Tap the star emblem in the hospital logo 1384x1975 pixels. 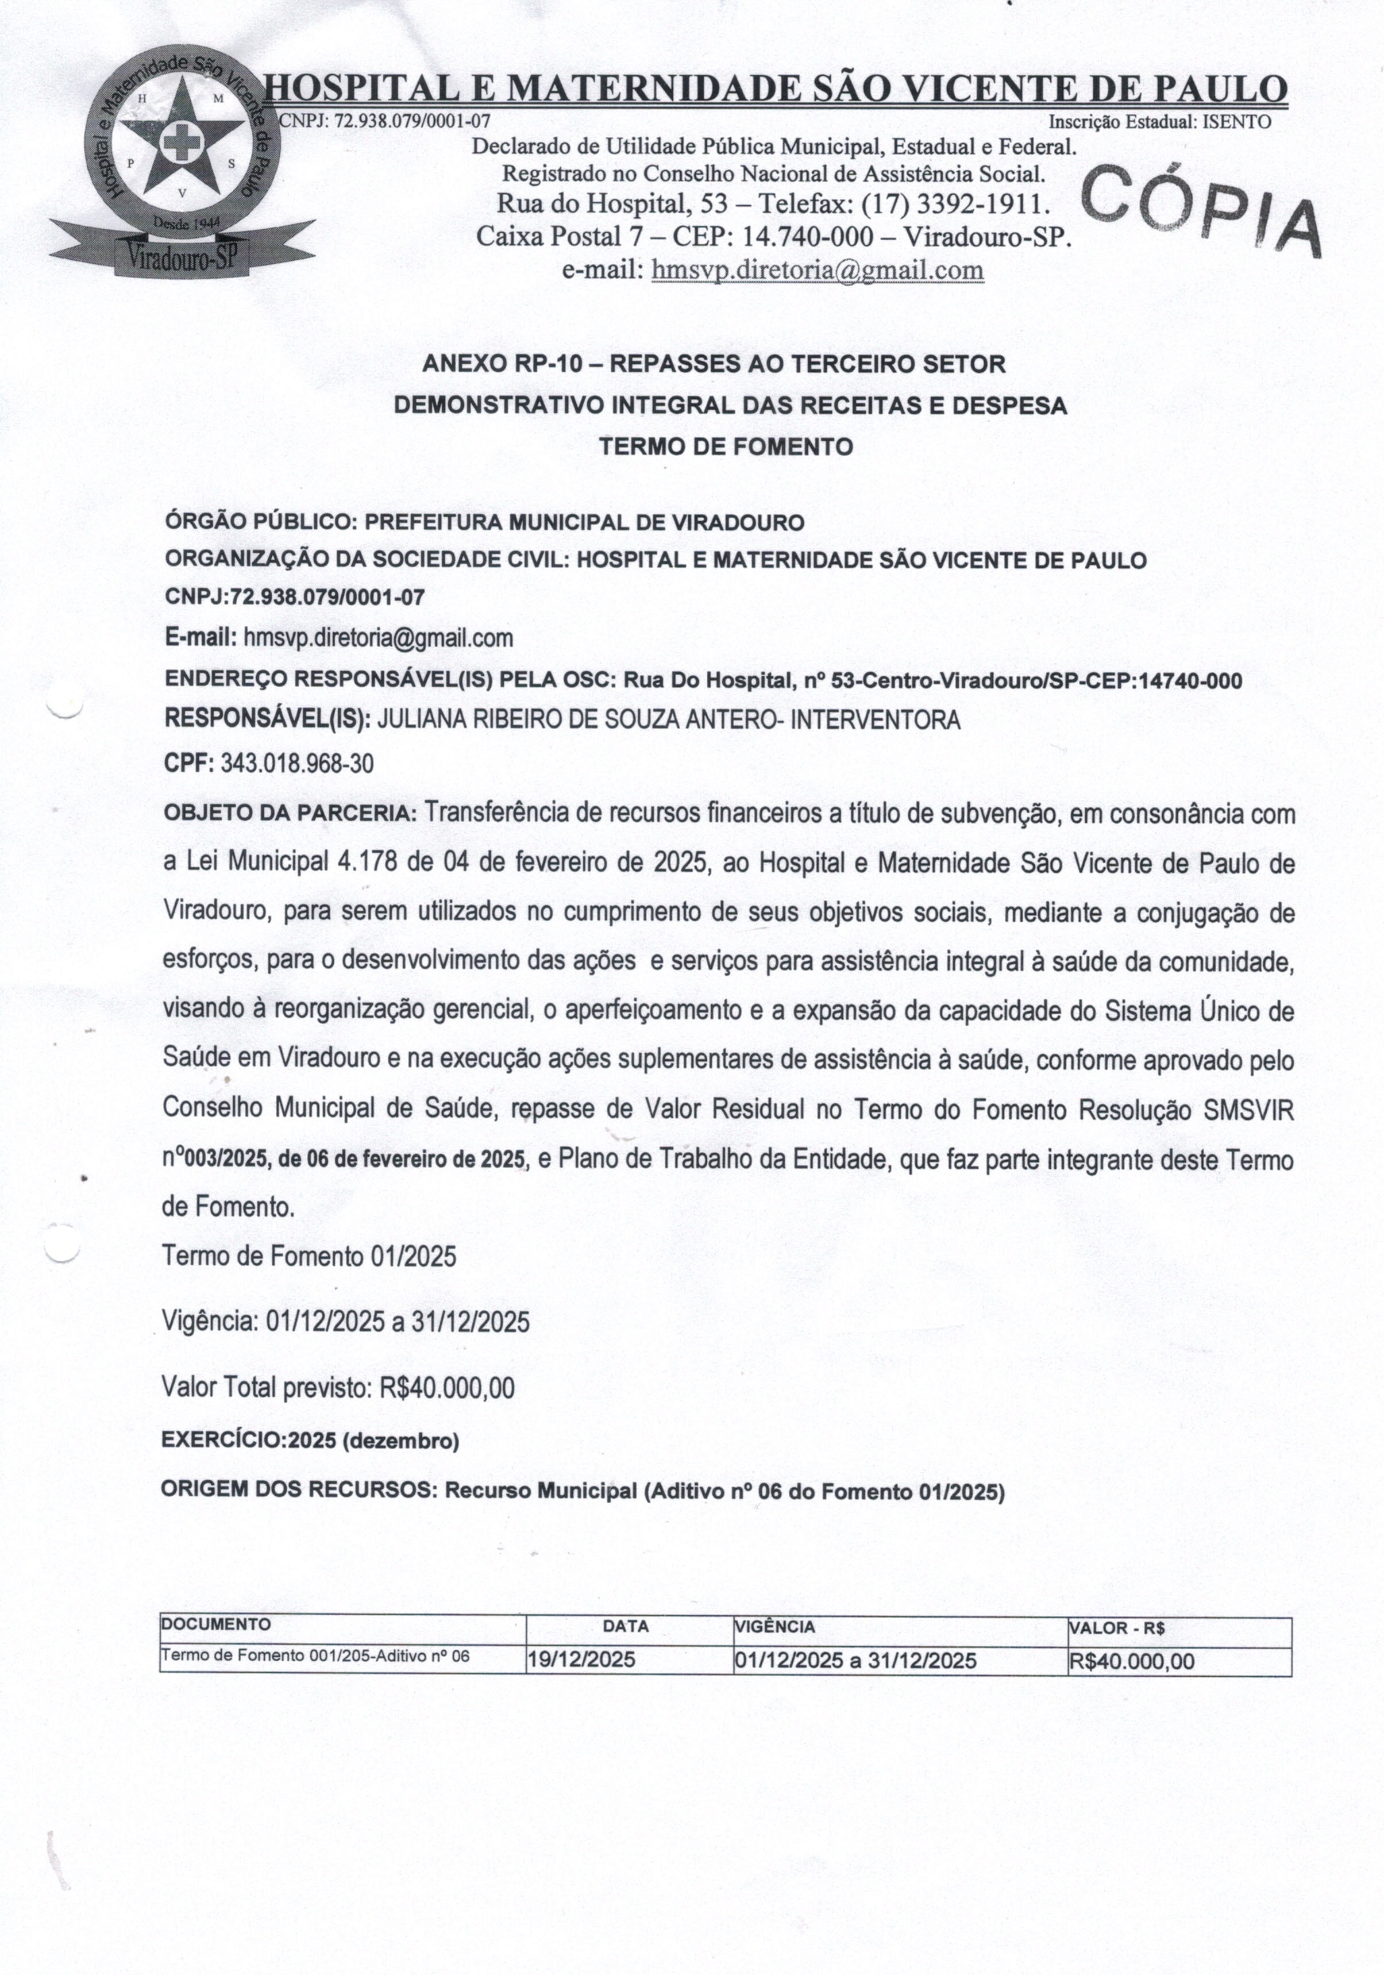pos(182,137)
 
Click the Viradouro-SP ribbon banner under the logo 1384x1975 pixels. pos(183,252)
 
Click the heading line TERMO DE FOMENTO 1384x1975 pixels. pos(725,446)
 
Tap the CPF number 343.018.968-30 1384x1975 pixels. pos(297,763)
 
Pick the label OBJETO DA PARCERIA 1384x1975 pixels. pos(290,813)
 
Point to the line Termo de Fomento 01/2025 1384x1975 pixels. pos(310,1256)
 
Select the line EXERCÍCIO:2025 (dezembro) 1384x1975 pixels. pos(310,1441)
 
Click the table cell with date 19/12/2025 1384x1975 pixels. pos(581,1660)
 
